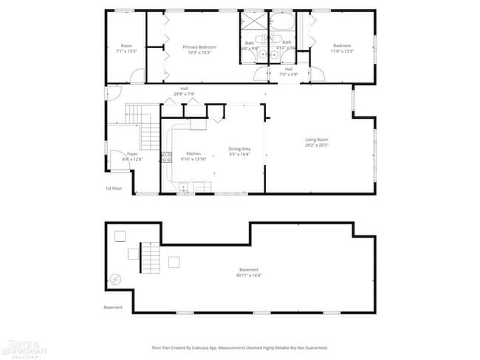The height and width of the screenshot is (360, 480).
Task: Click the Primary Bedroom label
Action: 196,46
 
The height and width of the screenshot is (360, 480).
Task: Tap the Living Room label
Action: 317,139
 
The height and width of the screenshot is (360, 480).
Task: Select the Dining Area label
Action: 239,149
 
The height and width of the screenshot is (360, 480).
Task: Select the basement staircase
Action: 150,259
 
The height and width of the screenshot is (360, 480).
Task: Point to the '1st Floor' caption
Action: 112,189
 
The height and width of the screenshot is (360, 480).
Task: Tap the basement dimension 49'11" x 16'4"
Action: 249,275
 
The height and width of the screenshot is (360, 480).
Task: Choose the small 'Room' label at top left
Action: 126,46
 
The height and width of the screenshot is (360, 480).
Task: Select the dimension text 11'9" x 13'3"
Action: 342,51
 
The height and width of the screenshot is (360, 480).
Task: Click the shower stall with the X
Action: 253,21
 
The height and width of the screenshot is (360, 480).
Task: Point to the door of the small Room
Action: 137,75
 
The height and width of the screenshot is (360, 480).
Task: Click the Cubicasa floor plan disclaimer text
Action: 239,347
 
